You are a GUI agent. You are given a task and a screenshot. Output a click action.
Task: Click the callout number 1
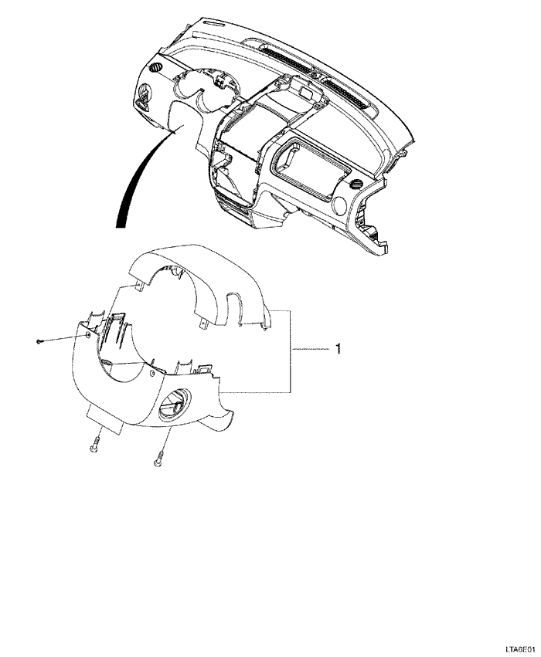tap(339, 349)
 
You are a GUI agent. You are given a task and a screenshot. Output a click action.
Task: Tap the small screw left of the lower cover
tap(39, 341)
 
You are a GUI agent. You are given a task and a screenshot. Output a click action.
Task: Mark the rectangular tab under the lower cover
tap(105, 422)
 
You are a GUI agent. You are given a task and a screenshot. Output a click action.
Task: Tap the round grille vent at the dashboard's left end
tap(156, 66)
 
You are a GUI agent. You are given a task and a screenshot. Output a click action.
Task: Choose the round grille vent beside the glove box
tap(357, 185)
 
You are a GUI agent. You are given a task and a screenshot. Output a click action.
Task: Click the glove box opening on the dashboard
tap(311, 167)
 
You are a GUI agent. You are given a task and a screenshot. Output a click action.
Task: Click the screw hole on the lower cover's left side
tap(87, 335)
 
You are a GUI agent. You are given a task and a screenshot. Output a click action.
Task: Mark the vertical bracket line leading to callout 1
tap(291, 351)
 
